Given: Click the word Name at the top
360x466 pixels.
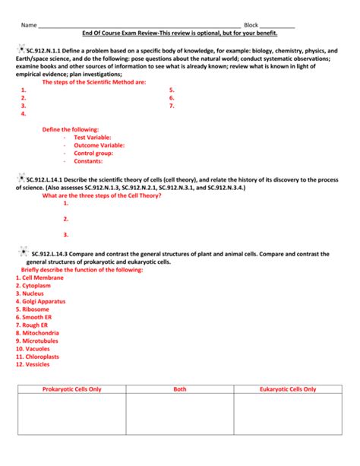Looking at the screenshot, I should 28,25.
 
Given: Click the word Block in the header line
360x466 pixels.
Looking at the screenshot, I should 251,25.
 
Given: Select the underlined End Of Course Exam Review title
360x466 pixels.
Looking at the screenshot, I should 179,33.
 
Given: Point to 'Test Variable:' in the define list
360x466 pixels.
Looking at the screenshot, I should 95,138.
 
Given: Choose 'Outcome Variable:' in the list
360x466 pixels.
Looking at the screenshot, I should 99,145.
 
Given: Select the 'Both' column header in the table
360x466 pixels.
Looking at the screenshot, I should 180,388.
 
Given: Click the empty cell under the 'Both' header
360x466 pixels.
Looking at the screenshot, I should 180,422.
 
